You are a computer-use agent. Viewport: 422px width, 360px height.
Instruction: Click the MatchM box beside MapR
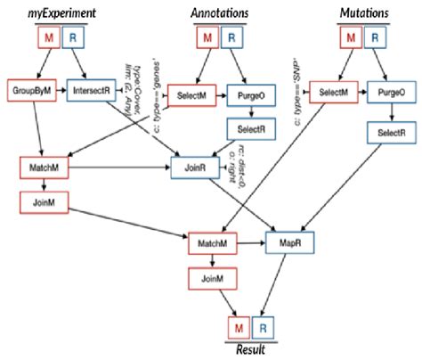coord(212,241)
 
